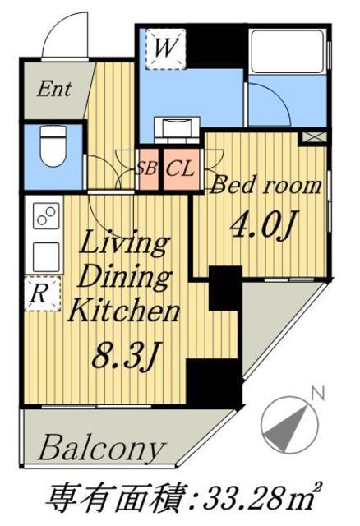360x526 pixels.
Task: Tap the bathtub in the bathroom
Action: click(288, 51)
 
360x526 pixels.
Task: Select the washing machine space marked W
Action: click(166, 49)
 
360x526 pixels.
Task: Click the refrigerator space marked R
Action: click(42, 293)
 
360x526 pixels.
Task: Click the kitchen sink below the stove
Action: click(46, 256)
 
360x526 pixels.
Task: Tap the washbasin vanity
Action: click(177, 129)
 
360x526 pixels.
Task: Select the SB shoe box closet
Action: click(147, 169)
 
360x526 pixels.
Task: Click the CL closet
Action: click(181, 169)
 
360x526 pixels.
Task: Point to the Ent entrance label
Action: click(54, 90)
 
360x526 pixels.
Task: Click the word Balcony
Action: click(102, 448)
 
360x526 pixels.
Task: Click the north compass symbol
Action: click(288, 425)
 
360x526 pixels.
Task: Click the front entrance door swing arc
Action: click(66, 35)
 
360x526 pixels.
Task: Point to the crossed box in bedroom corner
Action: click(314, 137)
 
